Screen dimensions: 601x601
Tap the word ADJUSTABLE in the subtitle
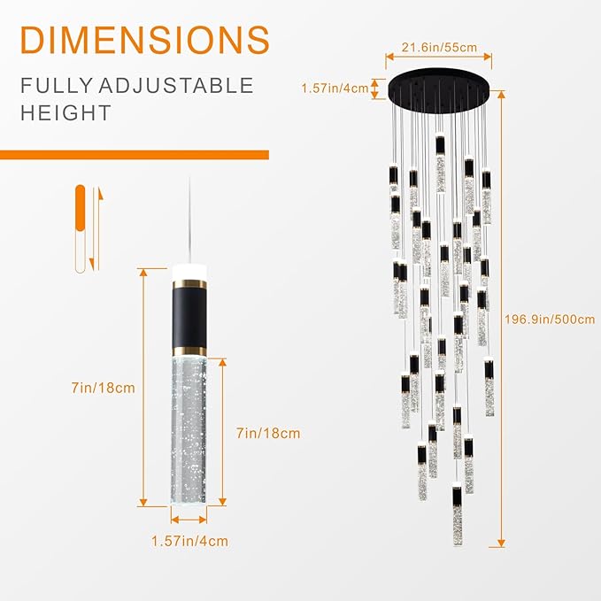point(183,86)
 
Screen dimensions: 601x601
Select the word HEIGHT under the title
point(67,112)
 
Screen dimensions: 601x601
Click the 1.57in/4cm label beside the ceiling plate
point(336,87)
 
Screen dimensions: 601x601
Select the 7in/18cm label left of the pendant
point(105,387)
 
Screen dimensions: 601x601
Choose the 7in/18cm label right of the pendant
point(268,433)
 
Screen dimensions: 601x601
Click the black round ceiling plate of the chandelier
point(440,89)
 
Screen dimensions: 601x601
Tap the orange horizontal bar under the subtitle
point(133,155)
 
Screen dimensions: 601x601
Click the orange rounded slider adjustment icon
point(81,228)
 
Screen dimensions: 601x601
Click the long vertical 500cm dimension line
point(503,320)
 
